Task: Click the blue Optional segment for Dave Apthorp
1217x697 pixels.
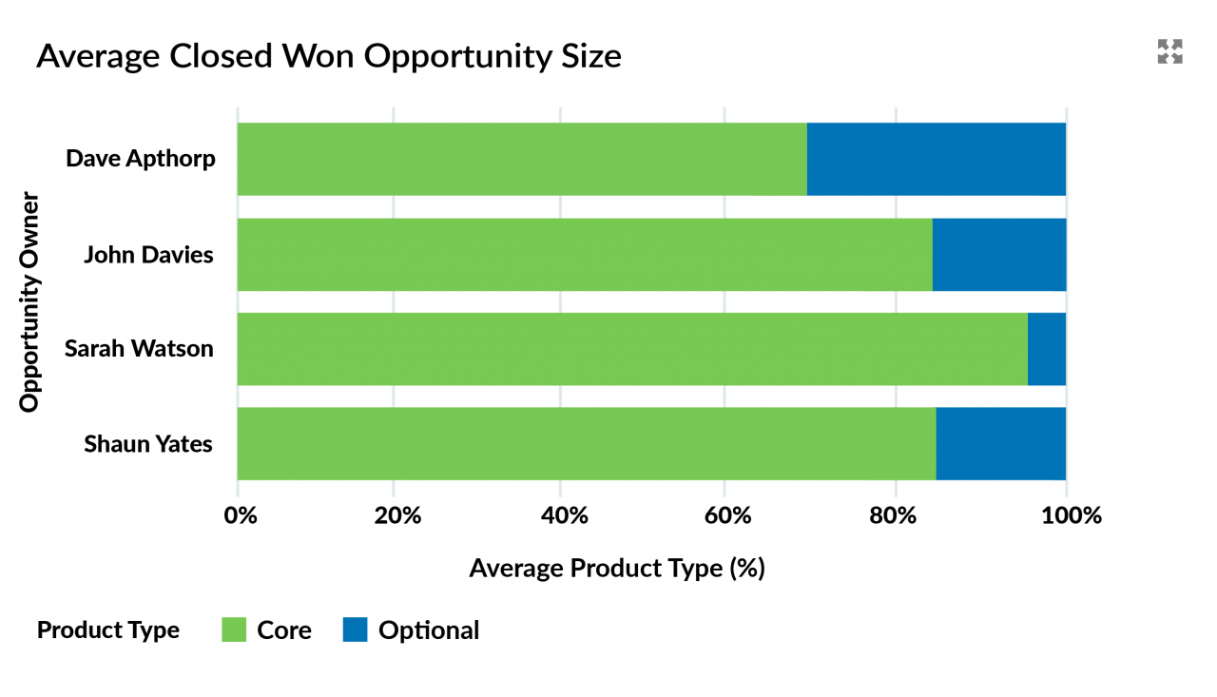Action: click(937, 159)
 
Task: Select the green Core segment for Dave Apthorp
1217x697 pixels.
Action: click(521, 159)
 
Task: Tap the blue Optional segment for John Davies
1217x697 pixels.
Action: click(999, 255)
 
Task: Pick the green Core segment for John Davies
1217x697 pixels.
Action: click(584, 255)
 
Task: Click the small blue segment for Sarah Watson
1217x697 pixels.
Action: click(1047, 349)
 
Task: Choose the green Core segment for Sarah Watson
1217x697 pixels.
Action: click(631, 349)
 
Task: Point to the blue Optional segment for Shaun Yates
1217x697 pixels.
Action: click(1001, 444)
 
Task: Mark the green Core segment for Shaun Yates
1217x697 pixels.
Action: click(586, 444)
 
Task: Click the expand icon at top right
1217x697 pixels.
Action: click(1169, 52)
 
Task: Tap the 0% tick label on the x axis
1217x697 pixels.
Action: click(240, 516)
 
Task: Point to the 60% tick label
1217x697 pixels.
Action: click(725, 516)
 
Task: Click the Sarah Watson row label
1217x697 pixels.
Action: click(139, 349)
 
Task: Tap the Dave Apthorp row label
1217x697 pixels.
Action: click(141, 158)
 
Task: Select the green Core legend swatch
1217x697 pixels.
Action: click(234, 629)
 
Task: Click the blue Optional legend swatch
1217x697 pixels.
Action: click(355, 629)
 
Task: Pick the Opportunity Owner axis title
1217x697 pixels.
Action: click(30, 302)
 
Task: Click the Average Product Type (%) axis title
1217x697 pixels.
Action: click(616, 569)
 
